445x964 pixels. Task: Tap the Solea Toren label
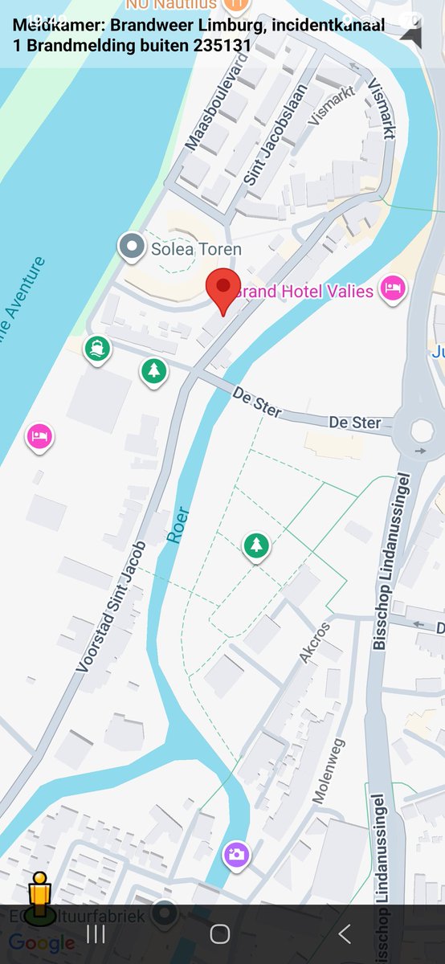[196, 250]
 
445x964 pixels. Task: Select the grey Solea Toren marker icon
[130, 247]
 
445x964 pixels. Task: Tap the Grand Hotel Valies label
[305, 291]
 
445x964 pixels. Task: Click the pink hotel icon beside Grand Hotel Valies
[392, 288]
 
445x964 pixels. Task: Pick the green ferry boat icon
[98, 349]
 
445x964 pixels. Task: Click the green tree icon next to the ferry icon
[153, 371]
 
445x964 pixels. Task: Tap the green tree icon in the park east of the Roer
[256, 546]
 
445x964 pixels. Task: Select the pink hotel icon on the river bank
[39, 437]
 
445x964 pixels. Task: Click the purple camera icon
[235, 855]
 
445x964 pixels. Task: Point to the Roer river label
[178, 525]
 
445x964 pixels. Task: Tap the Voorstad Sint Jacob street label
[112, 607]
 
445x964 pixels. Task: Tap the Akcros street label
[314, 643]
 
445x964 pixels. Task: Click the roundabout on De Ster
[421, 431]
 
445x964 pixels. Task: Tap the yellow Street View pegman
[39, 897]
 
